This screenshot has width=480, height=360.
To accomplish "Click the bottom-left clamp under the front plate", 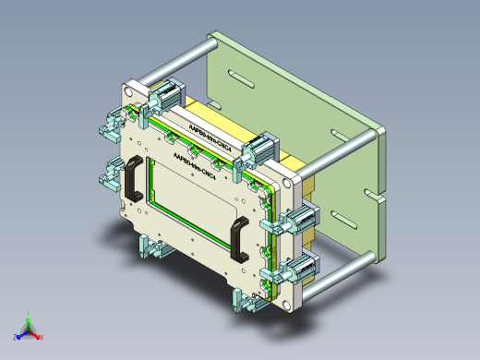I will point(148,246).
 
